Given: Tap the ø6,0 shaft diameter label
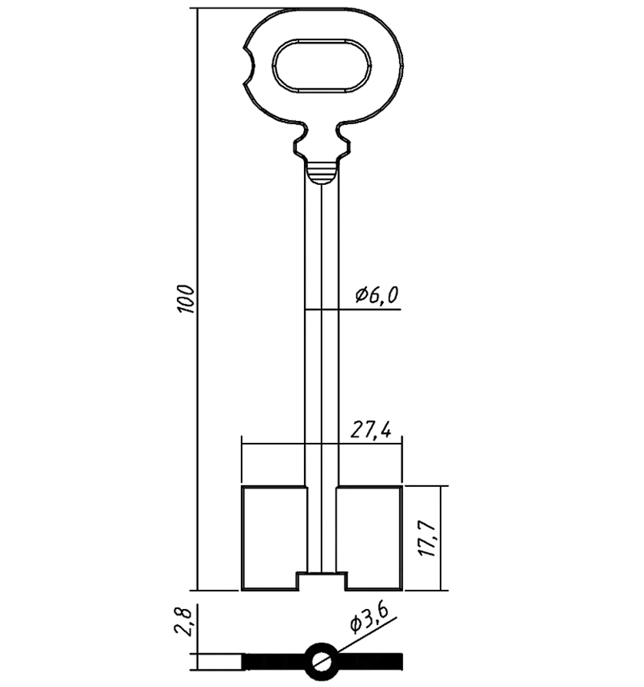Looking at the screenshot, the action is click(377, 296).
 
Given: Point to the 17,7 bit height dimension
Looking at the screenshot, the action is click(427, 539).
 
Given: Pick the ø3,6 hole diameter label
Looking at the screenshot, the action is click(369, 619).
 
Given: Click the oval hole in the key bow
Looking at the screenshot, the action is click(323, 66).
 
